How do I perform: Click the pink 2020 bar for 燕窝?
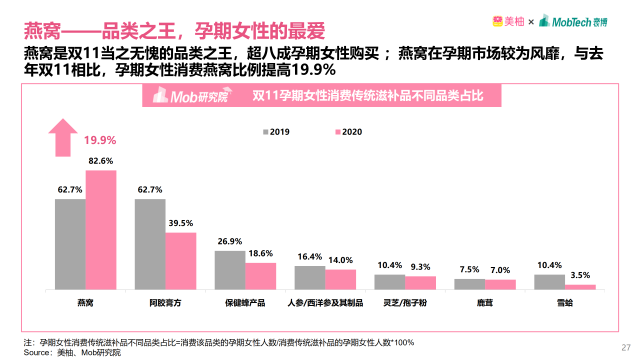100,230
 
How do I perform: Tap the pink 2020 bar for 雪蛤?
580,287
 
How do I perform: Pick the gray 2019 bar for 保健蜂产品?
230,270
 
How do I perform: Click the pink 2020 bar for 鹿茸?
500,284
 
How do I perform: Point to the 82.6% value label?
100,161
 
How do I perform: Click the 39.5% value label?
180,223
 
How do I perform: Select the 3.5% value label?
580,275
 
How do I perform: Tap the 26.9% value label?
230,241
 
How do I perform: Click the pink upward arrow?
63,137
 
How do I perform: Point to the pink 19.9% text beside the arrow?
100,140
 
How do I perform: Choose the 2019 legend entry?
276,132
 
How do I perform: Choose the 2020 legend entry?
348,132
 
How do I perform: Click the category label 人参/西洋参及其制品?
325,303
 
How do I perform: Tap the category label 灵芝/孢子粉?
405,303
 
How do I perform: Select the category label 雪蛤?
565,303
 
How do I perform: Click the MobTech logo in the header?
573,21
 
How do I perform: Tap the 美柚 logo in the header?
508,21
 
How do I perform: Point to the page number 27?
625,347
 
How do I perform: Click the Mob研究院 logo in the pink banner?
190,95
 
